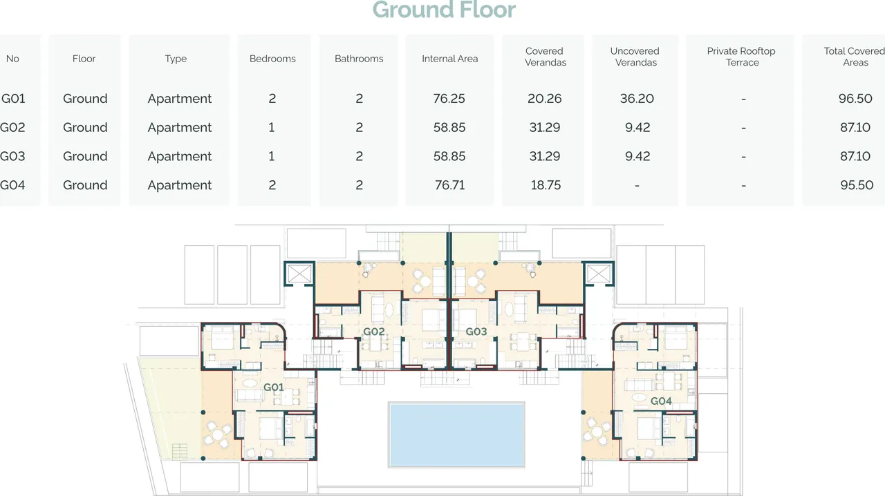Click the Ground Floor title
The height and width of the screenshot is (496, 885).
tap(444, 10)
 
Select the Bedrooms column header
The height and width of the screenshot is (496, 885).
tap(272, 59)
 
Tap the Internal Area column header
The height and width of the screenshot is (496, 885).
tap(449, 59)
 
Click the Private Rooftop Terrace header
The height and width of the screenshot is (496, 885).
tap(741, 57)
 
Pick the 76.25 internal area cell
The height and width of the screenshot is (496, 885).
tap(449, 98)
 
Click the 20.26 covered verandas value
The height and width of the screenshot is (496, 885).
tap(544, 98)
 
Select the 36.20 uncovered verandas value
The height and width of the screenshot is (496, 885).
tap(637, 98)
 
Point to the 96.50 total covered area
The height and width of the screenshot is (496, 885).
tap(855, 98)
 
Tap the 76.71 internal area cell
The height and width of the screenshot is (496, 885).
tap(449, 185)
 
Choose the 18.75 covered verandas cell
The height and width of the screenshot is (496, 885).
tap(546, 185)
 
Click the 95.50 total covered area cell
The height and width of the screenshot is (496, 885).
tap(857, 185)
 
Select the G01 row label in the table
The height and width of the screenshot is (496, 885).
tap(13, 98)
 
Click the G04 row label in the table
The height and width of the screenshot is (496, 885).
tap(12, 185)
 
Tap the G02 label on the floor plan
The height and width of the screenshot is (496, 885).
tap(374, 332)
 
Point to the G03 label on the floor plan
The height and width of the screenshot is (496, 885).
tap(476, 332)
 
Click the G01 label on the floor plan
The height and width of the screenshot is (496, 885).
tap(273, 388)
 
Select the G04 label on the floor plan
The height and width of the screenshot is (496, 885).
tap(661, 401)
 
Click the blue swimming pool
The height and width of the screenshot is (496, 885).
tap(456, 435)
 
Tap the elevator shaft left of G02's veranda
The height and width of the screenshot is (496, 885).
tap(299, 274)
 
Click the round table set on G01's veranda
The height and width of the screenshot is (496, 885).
tap(218, 435)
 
